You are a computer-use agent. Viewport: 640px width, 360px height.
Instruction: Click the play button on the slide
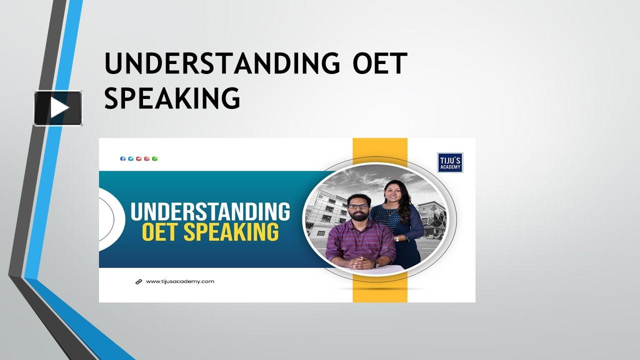58,108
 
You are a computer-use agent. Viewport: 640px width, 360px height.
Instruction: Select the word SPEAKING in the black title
172,97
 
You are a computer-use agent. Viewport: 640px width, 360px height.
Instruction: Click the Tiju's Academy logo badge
450,162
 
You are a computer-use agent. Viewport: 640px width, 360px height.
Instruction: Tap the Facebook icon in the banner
123,158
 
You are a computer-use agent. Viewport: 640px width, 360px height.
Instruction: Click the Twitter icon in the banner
131,158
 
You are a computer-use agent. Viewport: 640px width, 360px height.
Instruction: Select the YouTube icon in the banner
139,158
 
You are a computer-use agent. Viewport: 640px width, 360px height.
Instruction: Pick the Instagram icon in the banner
147,158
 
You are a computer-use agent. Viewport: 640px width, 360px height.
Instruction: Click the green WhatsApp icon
155,158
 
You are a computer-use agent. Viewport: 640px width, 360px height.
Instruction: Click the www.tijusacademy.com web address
180,281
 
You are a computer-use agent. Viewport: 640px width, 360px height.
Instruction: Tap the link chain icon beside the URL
139,281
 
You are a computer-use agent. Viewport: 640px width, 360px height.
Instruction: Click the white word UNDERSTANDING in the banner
210,211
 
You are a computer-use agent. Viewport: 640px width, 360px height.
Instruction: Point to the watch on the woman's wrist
397,238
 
